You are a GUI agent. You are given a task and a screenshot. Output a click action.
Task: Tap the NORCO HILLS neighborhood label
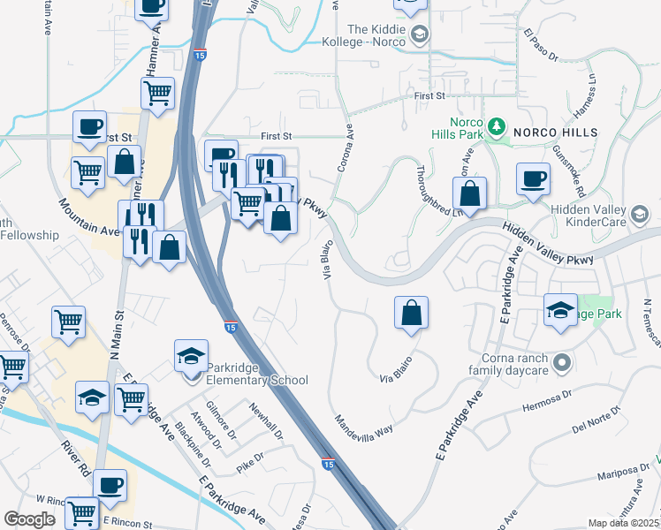click(556, 132)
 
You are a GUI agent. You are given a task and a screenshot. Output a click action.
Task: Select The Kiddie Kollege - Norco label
click(368, 35)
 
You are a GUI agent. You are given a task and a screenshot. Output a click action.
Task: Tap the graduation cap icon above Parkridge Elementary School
click(192, 356)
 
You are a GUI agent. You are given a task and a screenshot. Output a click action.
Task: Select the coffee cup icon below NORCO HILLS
click(533, 179)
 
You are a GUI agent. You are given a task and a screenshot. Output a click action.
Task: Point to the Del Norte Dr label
click(592, 430)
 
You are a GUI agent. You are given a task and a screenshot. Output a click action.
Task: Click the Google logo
click(29, 519)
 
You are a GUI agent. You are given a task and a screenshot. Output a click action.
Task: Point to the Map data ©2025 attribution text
click(622, 523)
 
